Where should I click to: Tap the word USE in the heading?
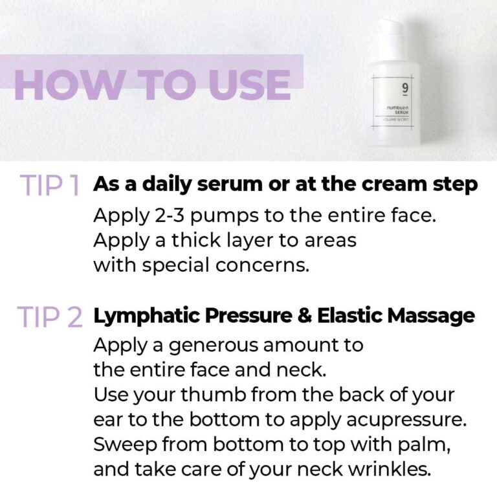[250, 85]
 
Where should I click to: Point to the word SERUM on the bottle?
[402, 113]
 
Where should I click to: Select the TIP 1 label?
[49, 185]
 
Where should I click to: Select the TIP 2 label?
[50, 316]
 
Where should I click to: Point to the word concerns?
[262, 265]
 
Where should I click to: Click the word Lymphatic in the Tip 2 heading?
[147, 316]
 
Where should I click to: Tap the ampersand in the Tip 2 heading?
[305, 316]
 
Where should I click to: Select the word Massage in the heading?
[431, 316]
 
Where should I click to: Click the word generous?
[214, 346]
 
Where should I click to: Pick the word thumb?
[214, 395]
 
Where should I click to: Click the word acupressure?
[406, 421]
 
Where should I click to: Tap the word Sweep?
[126, 445]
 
